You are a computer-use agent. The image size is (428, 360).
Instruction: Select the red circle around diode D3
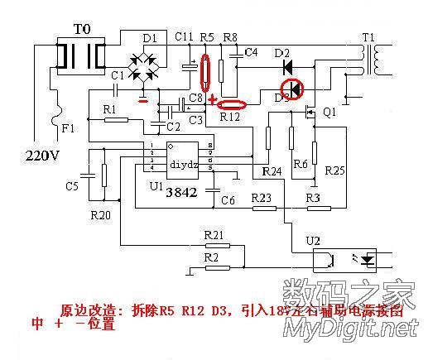click(292, 89)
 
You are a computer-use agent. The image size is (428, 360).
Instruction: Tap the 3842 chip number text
click(181, 192)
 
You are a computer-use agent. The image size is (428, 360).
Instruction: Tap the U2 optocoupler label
click(313, 241)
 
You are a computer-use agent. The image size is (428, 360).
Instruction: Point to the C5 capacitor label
click(72, 186)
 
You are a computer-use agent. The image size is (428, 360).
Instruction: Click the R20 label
click(100, 215)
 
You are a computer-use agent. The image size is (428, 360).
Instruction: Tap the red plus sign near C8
click(213, 101)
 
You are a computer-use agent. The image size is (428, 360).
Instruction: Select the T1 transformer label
click(368, 37)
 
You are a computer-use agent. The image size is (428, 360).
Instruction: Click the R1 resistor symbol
click(116, 120)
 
